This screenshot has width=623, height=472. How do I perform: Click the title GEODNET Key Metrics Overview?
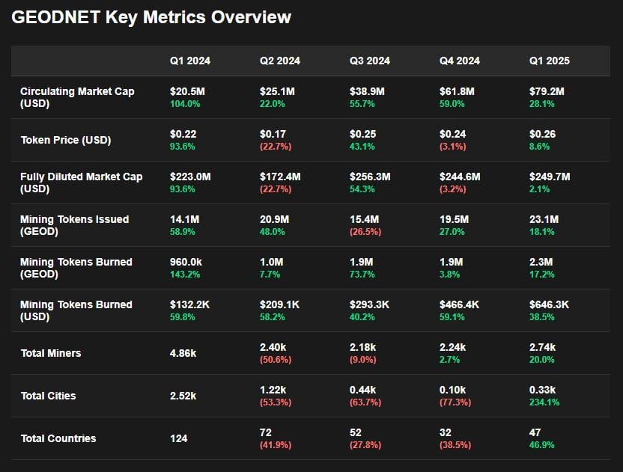coord(151,17)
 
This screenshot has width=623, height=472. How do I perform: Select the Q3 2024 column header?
coord(369,61)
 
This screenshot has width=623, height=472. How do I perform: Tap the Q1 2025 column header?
coord(549,61)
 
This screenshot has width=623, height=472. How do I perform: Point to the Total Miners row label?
coord(51,353)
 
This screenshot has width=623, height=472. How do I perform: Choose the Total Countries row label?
coord(58,438)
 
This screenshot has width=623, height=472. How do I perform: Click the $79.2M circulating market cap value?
coord(547,91)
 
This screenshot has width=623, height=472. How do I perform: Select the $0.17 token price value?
coord(273,134)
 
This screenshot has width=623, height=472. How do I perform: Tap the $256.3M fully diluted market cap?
coord(370,177)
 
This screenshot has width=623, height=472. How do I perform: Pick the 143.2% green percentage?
coord(185,275)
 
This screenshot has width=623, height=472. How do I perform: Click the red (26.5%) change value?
coord(365,233)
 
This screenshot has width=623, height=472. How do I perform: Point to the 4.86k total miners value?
coord(183,353)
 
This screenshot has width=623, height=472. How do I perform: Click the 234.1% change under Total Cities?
coord(544,402)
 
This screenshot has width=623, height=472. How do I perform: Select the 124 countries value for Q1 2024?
coord(178,438)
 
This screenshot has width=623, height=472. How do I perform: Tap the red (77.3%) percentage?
coord(455,402)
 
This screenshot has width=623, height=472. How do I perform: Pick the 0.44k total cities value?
coord(362,390)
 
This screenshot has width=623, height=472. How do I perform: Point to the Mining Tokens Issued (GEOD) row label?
coord(74,225)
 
